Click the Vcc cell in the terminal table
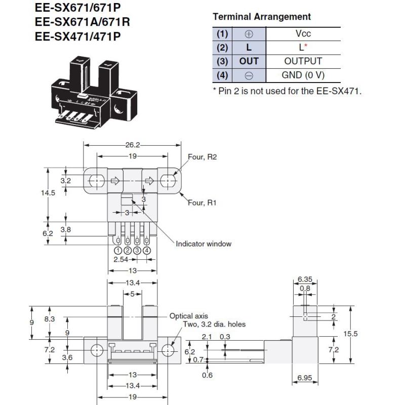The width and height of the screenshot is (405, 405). coord(303,34)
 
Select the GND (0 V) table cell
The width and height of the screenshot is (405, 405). coord(303,75)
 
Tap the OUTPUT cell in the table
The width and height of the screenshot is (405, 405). coord(303,61)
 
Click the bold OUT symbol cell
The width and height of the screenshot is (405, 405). coord(249,61)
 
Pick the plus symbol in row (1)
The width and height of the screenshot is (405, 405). coord(249,34)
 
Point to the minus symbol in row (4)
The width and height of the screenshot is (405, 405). coord(249,75)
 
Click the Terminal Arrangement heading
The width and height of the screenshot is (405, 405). coord(261,17)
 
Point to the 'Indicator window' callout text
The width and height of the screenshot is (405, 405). coord(204,244)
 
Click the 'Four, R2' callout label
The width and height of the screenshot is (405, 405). coord(202,157)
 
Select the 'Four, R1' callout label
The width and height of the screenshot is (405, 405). coord(202,202)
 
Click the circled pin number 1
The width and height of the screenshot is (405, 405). coord(118,250)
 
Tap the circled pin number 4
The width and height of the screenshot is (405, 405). coord(147,250)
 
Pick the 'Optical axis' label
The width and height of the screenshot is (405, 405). coord(188,316)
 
